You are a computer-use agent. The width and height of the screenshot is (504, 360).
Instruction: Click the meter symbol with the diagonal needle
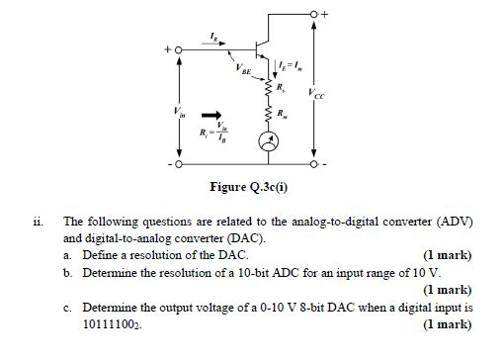[x=268, y=142]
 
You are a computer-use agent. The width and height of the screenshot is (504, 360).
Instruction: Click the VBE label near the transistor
[x=243, y=71]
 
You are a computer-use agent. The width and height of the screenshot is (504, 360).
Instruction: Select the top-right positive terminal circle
[x=313, y=15]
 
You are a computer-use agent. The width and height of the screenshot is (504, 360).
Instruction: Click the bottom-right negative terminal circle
[x=313, y=164]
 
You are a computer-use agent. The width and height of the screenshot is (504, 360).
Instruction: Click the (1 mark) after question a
[x=447, y=254]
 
